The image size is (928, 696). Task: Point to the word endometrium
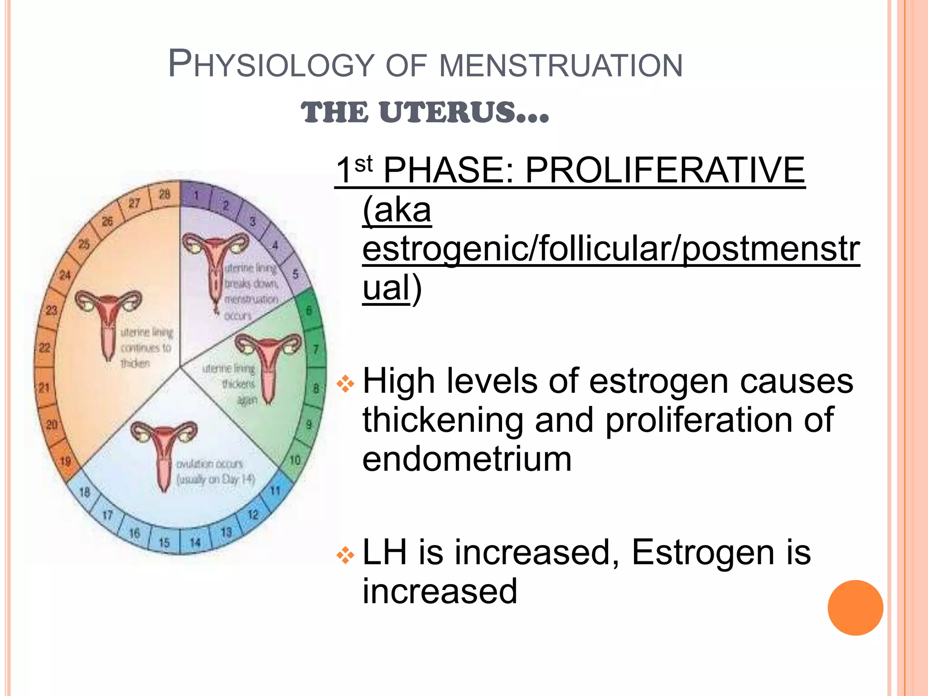[467, 459]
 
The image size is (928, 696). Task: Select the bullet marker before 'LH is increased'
[345, 555]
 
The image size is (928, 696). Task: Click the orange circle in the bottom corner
[855, 608]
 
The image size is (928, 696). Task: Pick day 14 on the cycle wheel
[195, 542]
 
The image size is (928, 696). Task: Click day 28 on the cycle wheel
[164, 194]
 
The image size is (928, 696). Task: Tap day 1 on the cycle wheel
[197, 196]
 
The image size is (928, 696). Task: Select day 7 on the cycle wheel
[316, 349]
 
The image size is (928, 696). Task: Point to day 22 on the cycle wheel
[44, 348]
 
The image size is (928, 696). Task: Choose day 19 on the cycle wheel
[65, 461]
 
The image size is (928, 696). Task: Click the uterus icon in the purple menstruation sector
[215, 267]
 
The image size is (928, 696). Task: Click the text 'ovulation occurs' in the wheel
[209, 464]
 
